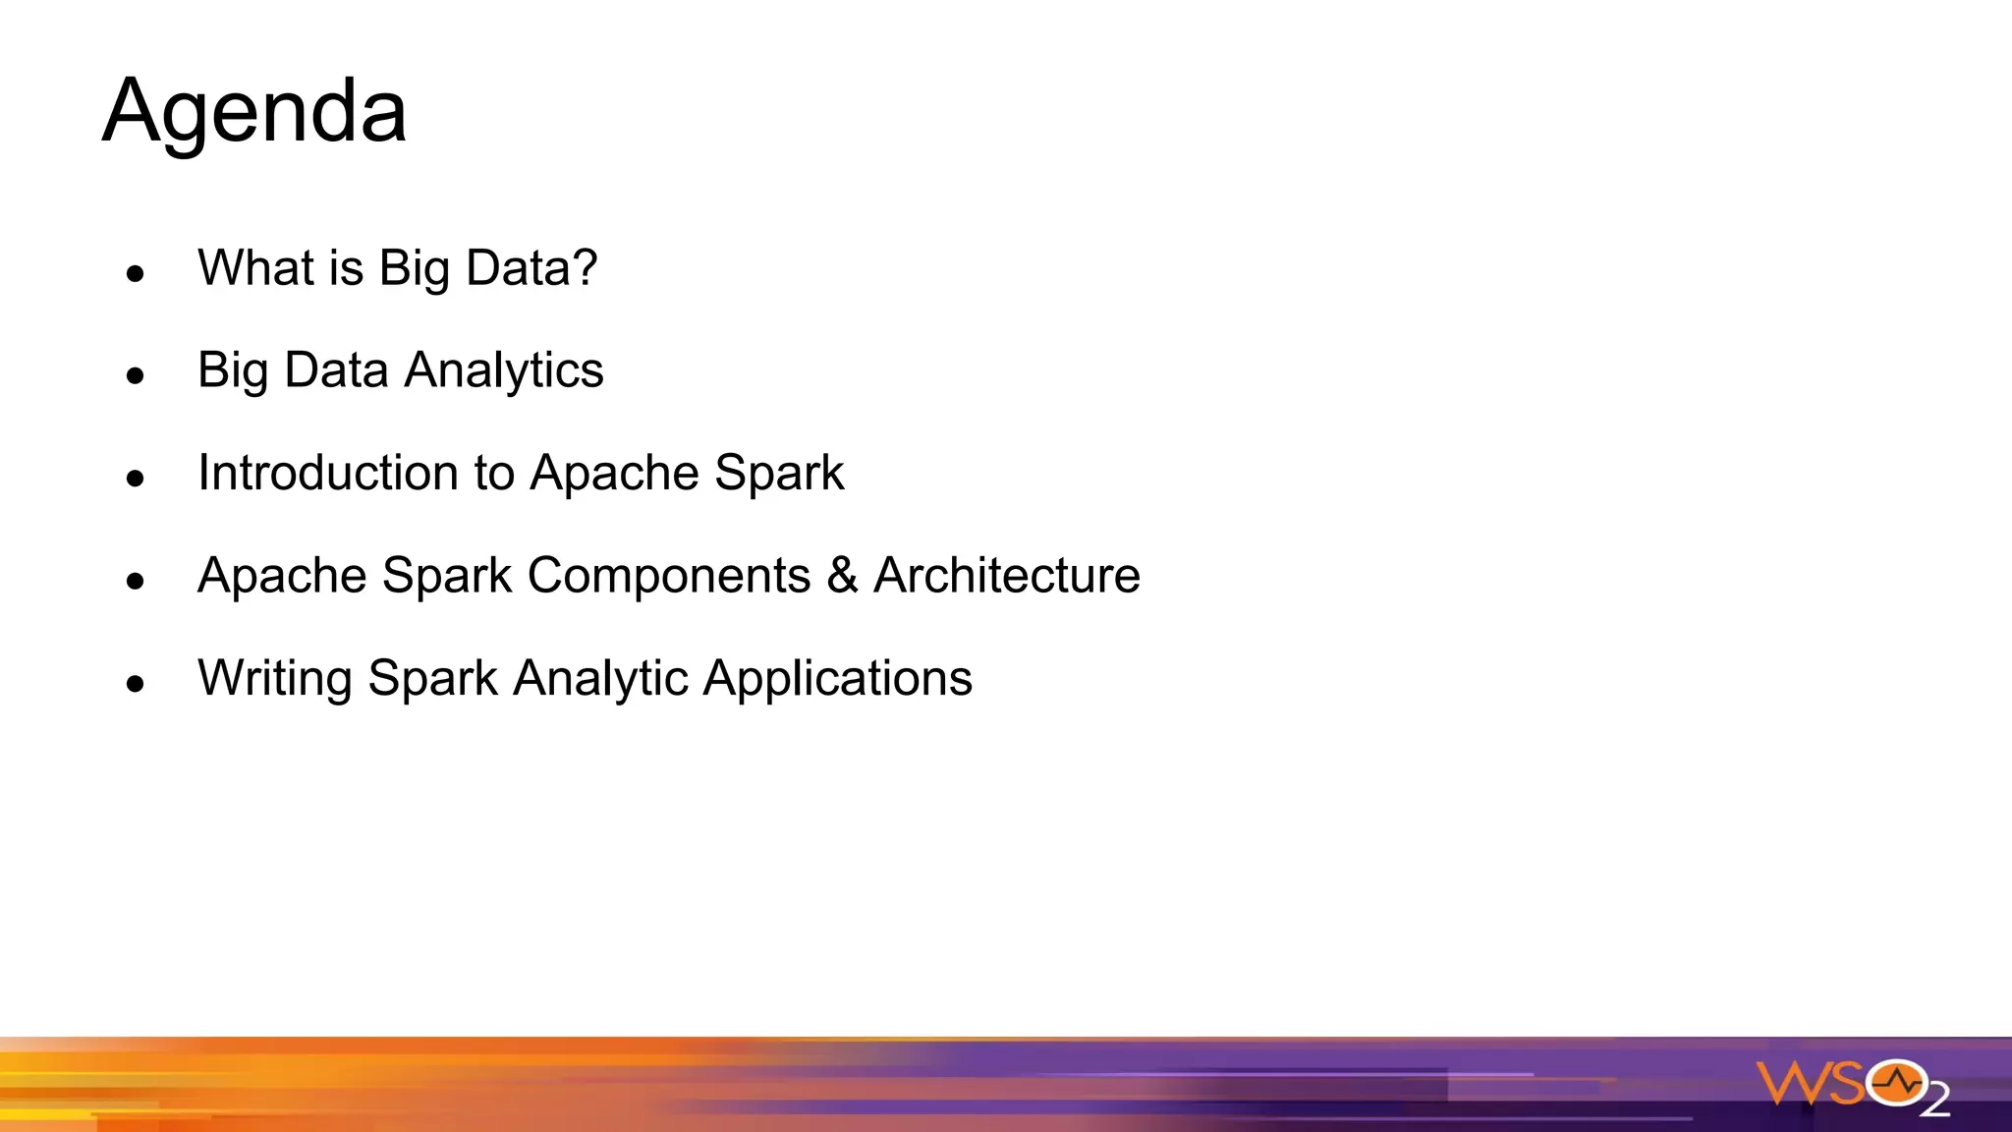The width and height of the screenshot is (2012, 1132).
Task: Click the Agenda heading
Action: (254, 112)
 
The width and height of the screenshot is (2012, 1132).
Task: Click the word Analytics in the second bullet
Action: (504, 371)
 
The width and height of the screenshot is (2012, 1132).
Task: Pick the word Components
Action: (668, 576)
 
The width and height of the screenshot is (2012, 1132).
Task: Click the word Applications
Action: (838, 679)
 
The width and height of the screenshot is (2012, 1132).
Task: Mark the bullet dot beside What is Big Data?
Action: (136, 273)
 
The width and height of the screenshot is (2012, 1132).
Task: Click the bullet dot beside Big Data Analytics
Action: (136, 375)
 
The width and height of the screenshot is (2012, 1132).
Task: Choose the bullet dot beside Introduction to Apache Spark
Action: (136, 479)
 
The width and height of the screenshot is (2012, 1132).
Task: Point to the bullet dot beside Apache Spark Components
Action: (136, 581)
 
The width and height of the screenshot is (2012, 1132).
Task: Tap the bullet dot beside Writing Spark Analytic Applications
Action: (136, 683)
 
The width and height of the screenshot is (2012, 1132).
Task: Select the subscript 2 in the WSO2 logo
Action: (1934, 1102)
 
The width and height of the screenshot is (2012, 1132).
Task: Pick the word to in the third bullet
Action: (494, 473)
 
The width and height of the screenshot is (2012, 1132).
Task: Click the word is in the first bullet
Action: (346, 267)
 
